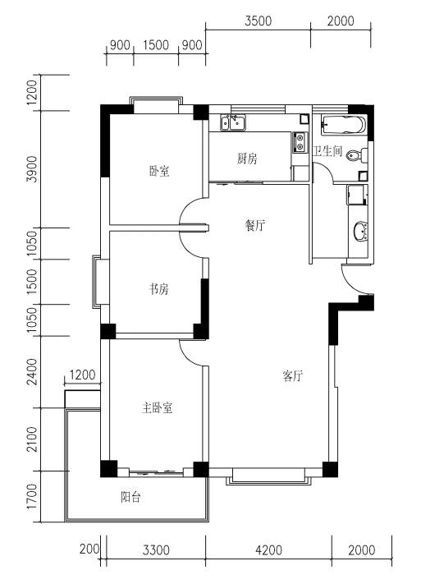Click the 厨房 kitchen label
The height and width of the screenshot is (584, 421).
coord(247,159)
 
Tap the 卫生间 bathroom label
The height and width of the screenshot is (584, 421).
coord(327,151)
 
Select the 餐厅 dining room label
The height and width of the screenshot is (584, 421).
coord(255,225)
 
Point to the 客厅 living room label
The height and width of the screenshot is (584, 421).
coord(293,376)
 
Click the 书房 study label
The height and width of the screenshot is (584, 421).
coord(159,288)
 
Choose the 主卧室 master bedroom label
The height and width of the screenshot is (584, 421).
coord(157,408)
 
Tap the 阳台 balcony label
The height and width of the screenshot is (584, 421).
coord(130,497)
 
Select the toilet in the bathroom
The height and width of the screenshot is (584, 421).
coord(357,155)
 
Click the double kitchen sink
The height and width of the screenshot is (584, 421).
coord(232,122)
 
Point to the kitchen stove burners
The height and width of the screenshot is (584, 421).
coord(300,142)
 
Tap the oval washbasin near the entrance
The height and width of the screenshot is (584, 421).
coord(360,231)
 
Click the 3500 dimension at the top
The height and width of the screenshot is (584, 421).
coord(258,21)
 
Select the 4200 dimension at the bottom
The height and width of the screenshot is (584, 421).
coord(268,550)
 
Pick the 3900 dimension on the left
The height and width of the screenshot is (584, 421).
coord(32,168)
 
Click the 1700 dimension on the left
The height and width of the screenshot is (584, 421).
coord(32,496)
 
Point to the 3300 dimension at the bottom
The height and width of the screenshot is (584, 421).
coord(156,550)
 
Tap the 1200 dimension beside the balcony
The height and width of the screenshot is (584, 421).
coord(82,375)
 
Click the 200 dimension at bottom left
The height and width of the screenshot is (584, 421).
coord(89,549)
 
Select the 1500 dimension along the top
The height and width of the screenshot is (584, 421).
coord(156,45)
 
